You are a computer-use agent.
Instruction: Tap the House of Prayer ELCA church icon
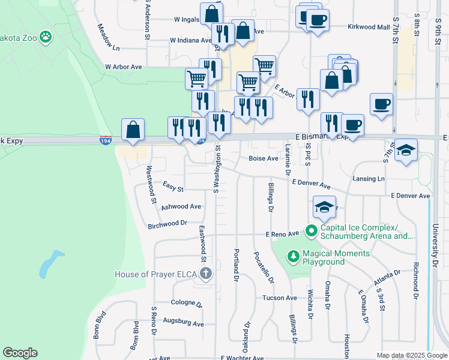coord(206,275)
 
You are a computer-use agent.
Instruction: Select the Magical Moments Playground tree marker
coord(293,256)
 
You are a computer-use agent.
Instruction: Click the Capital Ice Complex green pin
coord(311,230)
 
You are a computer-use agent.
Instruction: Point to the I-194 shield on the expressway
coord(105,140)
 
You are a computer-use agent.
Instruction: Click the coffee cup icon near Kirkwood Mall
coord(317,20)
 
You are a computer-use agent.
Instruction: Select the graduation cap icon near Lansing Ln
coord(406,150)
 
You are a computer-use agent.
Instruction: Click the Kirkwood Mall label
coord(369,27)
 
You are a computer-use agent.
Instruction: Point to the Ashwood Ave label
coord(181,206)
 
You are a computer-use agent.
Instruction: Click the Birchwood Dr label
coord(167,224)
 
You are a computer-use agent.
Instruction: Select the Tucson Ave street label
coord(279,298)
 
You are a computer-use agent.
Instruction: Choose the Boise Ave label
coord(264,158)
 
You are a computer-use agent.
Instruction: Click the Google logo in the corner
coord(20,353)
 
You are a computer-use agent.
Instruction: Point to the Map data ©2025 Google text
coord(411,355)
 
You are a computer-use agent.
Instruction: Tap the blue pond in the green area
coord(50,264)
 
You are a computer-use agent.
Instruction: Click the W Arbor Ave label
coord(123,67)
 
